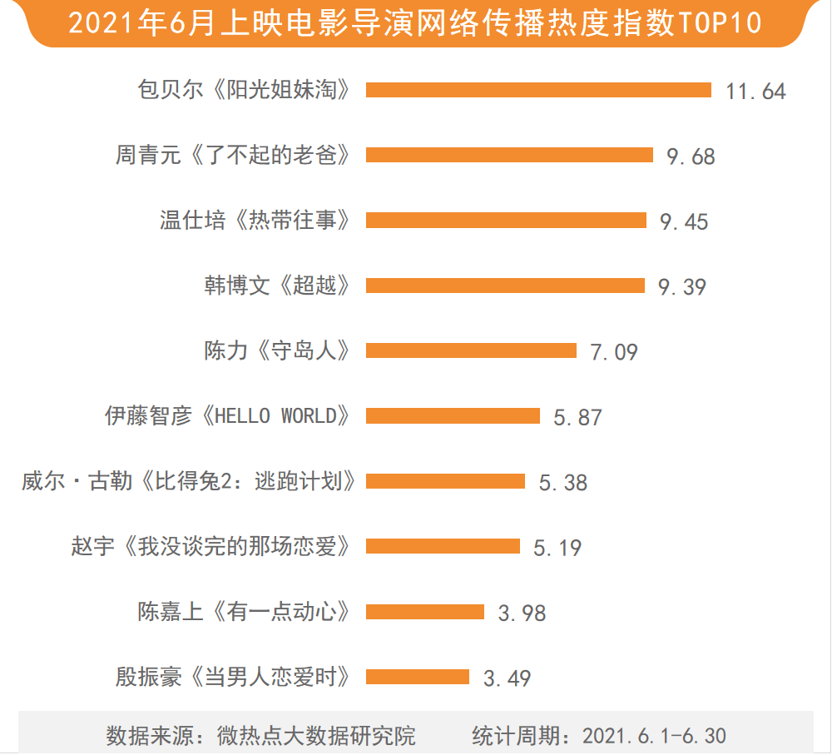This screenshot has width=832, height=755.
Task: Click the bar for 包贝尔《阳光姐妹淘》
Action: (x=538, y=90)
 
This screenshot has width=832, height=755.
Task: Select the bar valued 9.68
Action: (x=509, y=155)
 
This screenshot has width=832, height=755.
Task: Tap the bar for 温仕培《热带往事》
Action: (x=506, y=220)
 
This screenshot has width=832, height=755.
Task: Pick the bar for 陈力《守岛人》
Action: (x=471, y=350)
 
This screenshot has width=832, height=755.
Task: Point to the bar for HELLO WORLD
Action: (x=453, y=415)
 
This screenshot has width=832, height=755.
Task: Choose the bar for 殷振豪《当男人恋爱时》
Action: (x=418, y=677)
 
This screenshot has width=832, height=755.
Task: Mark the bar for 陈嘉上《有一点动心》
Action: (x=425, y=612)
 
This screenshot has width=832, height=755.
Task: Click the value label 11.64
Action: (x=755, y=91)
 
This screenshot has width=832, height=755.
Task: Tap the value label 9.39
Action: (x=681, y=286)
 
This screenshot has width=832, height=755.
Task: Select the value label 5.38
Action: (x=562, y=482)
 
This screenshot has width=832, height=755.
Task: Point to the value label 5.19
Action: (x=557, y=547)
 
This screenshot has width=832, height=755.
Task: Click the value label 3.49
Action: (x=507, y=678)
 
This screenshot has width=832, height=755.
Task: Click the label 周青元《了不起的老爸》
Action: (x=232, y=155)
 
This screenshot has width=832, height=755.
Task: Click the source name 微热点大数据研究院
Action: (x=316, y=736)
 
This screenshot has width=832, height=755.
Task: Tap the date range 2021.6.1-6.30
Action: (x=654, y=736)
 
